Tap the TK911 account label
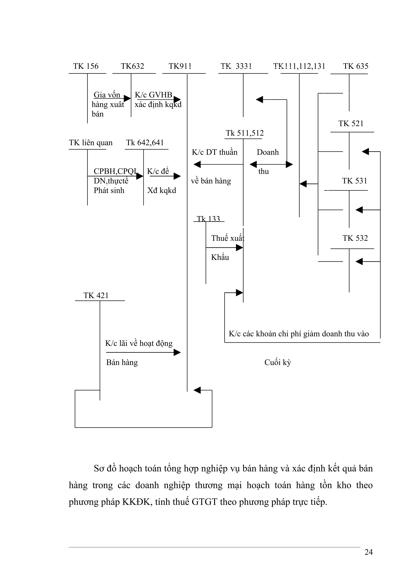tap(180, 66)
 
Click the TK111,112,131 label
tap(299, 66)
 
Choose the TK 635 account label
tap(356, 66)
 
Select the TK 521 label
tap(351, 124)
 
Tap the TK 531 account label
tap(354, 181)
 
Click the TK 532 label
tap(355, 238)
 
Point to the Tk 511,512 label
tap(244, 133)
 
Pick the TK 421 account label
tap(96, 296)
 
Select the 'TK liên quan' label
tap(91, 143)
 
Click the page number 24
tap(368, 559)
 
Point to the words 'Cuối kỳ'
tap(277, 362)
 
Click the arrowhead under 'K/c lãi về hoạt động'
tap(177, 352)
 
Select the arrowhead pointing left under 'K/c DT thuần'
tap(197, 165)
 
